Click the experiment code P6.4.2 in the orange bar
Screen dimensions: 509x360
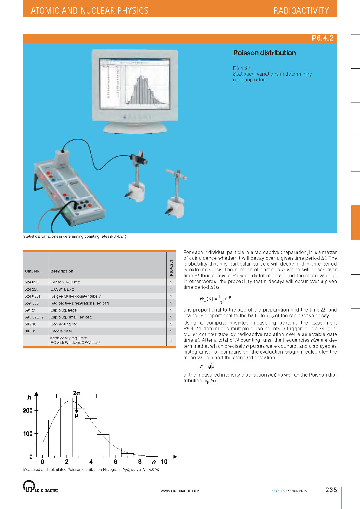pyautogui.click(x=323, y=38)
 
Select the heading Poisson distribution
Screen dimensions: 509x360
pyautogui.click(x=264, y=53)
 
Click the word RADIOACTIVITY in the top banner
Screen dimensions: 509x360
pyautogui.click(x=301, y=11)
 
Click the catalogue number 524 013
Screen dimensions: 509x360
pyautogui.click(x=31, y=282)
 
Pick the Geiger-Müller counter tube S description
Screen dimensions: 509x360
pyautogui.click(x=76, y=296)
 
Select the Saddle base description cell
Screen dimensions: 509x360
pyautogui.click(x=61, y=331)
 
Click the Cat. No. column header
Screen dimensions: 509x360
pyautogui.click(x=33, y=271)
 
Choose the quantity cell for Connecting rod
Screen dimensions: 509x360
pyautogui.click(x=171, y=324)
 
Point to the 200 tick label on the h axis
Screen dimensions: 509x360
pyautogui.click(x=28, y=410)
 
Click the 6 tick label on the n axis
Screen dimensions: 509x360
pyautogui.click(x=115, y=462)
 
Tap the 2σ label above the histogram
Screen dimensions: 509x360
pyautogui.click(x=76, y=393)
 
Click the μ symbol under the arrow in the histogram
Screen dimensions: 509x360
pyautogui.click(x=76, y=416)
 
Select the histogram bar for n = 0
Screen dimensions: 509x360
pyautogui.click(x=42, y=450)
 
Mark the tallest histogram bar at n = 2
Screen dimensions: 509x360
pyautogui.click(x=66, y=428)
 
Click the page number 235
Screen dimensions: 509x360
pyautogui.click(x=331, y=490)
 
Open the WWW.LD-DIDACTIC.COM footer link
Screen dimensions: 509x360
pyautogui.click(x=180, y=491)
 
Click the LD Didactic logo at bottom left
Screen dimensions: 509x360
pyautogui.click(x=40, y=487)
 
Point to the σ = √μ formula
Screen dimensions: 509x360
pyautogui.click(x=207, y=367)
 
